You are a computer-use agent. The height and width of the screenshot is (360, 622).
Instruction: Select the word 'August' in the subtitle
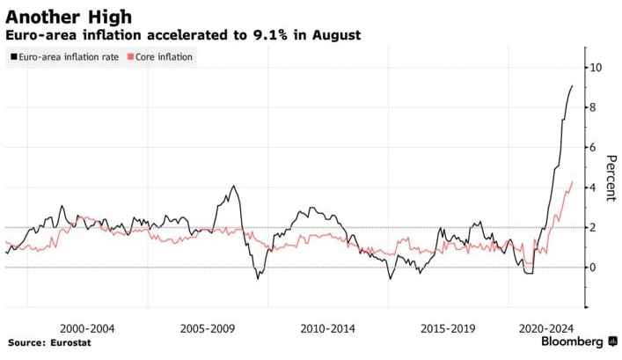pyautogui.click(x=335, y=35)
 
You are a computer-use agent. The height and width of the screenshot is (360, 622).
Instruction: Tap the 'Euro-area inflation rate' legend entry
pyautogui.click(x=65, y=57)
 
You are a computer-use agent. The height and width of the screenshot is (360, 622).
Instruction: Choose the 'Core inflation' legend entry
pyautogui.click(x=164, y=57)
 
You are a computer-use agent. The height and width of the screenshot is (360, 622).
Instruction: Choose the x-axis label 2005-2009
pyautogui.click(x=207, y=328)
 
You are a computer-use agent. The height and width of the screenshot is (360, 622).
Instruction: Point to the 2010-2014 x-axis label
pyautogui.click(x=328, y=328)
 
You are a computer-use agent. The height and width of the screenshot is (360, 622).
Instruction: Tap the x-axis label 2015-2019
pyautogui.click(x=449, y=328)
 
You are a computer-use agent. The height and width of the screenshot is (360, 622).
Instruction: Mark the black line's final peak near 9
pyautogui.click(x=572, y=85)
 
